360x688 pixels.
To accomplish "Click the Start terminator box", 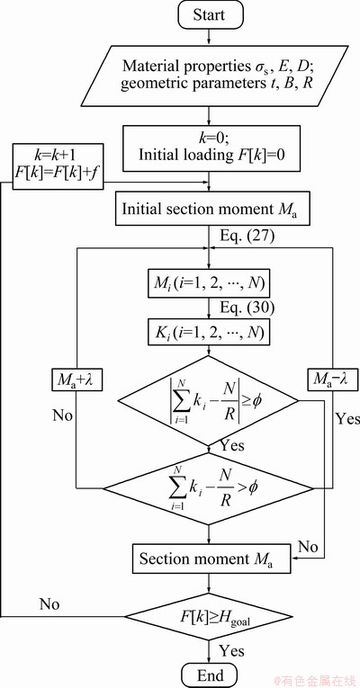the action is point(209,14).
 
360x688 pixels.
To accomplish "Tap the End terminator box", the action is point(209,675).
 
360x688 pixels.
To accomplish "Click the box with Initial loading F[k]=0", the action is point(211,148).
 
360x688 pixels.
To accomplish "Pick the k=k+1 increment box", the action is point(58,166).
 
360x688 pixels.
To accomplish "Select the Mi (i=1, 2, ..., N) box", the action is point(209,286).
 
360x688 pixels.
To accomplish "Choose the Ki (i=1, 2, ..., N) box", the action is point(209,334).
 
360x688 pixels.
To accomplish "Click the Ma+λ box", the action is point(76,380).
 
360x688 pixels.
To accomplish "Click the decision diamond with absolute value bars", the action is point(209,400).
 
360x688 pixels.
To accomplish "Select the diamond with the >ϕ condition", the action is point(209,488).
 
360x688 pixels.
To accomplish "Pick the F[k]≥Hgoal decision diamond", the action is point(209,616).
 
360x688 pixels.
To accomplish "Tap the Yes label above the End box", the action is point(232,649).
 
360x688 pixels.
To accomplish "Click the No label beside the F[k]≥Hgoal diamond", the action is point(49,603).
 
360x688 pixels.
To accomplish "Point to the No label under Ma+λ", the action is point(63,415).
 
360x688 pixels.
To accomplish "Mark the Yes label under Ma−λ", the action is point(347,418).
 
